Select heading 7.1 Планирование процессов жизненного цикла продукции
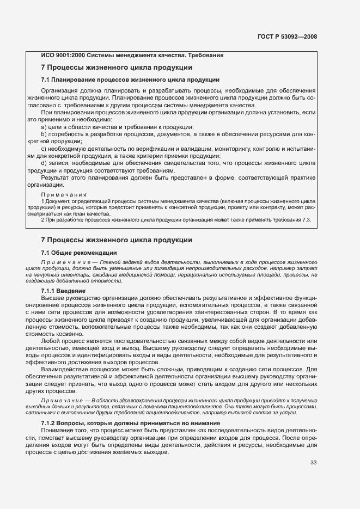click(130, 79)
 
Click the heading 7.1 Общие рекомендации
click(79, 253)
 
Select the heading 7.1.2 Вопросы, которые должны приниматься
click(130, 423)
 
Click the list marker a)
click(45, 126)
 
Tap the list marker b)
click(45, 133)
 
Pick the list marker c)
click(45, 148)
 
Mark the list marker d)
click(45, 162)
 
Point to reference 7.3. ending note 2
click(306, 219)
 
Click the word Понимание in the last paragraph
click(59, 430)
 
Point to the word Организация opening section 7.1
click(61, 90)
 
